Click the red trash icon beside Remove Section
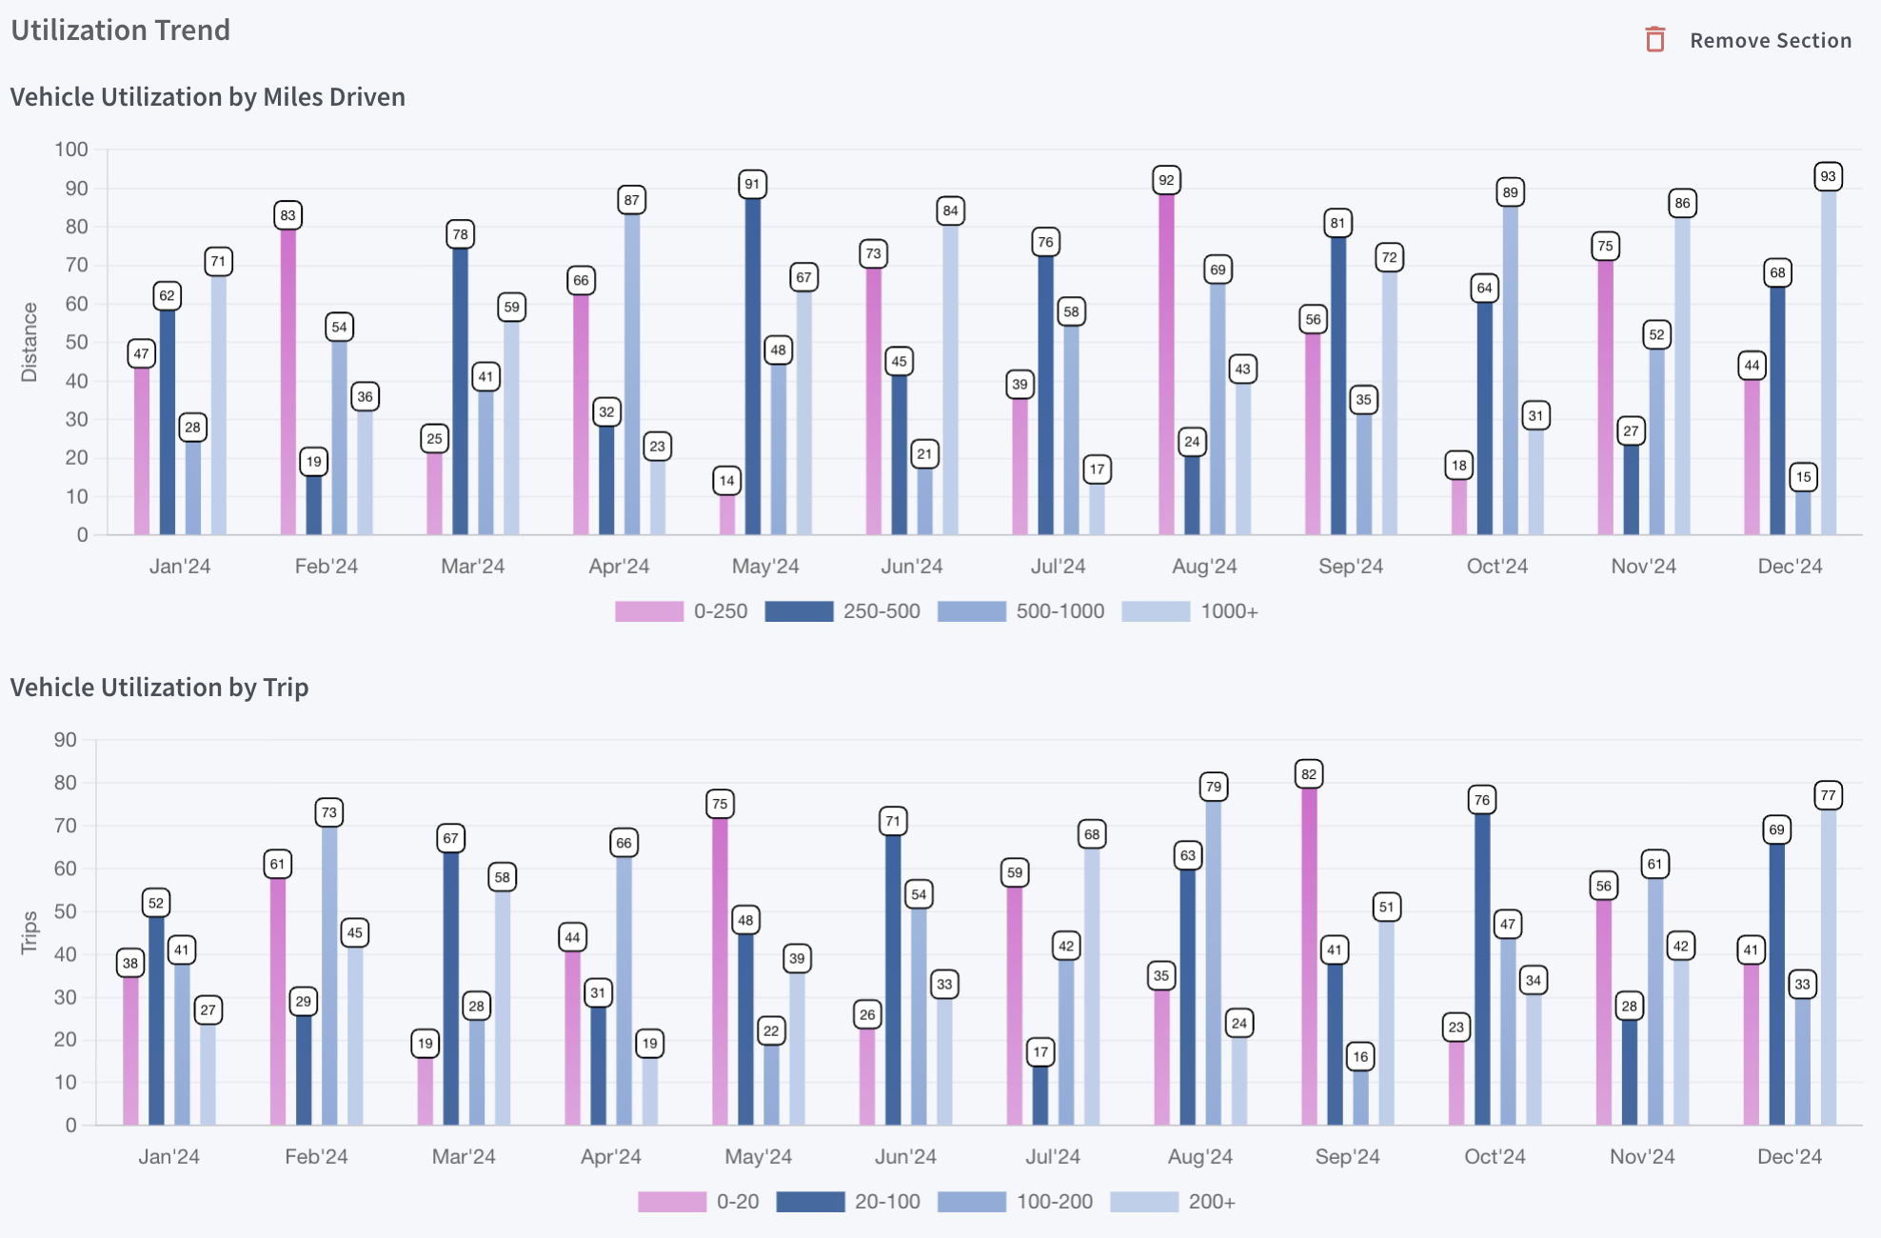pyautogui.click(x=1655, y=40)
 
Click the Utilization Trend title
pyautogui.click(x=121, y=30)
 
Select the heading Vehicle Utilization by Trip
pyautogui.click(x=160, y=688)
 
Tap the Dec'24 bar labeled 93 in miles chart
pyautogui.click(x=1828, y=362)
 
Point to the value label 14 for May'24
pyautogui.click(x=727, y=481)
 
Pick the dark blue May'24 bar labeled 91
pyautogui.click(x=753, y=367)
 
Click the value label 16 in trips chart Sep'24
pyautogui.click(x=1361, y=1056)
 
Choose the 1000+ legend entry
pyautogui.click(x=1190, y=611)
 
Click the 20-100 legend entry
pyautogui.click(x=848, y=1202)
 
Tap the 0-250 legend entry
pyautogui.click(x=682, y=611)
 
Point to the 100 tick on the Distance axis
pyautogui.click(x=71, y=150)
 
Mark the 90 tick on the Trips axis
pyautogui.click(x=66, y=740)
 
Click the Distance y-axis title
pyautogui.click(x=30, y=342)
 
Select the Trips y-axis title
pyautogui.click(x=30, y=931)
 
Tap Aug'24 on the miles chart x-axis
pyautogui.click(x=1204, y=567)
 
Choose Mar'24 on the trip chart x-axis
pyautogui.click(x=464, y=1157)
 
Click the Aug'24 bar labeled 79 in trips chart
pyautogui.click(x=1214, y=963)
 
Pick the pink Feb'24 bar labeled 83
pyautogui.click(x=288, y=381)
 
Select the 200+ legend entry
pyautogui.click(x=1173, y=1202)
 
